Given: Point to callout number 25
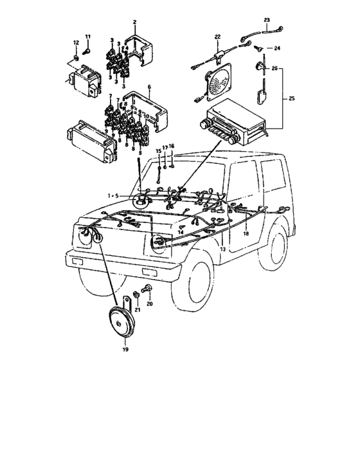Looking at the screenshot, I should coord(292,98).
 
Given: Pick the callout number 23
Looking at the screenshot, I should coord(267,20).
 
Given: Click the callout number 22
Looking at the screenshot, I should coord(217,36).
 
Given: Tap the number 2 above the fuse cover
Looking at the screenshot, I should coord(134,22).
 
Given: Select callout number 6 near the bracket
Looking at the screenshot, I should coord(149,86).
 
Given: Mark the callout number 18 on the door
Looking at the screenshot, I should coord(245,234).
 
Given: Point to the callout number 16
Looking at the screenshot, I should coord(172,147).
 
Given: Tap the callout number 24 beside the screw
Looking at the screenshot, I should coord(278,48).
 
